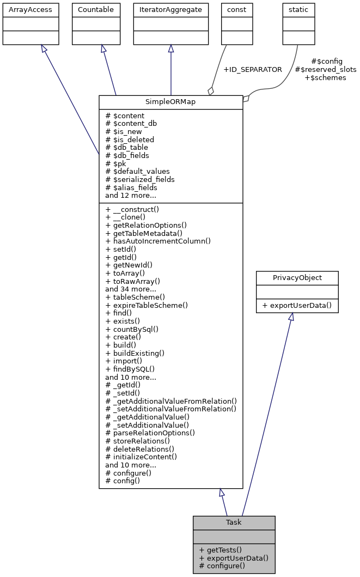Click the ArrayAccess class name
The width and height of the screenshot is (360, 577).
(23, 10)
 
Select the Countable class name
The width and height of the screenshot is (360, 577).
(96, 10)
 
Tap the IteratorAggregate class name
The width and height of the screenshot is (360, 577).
(171, 10)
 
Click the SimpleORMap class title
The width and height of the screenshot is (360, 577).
(170, 102)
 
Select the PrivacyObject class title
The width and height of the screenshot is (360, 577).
(297, 277)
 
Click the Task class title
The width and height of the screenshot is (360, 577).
(234, 522)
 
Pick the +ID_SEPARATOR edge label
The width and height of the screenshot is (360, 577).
(253, 70)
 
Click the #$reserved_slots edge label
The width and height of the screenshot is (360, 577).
(325, 70)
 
